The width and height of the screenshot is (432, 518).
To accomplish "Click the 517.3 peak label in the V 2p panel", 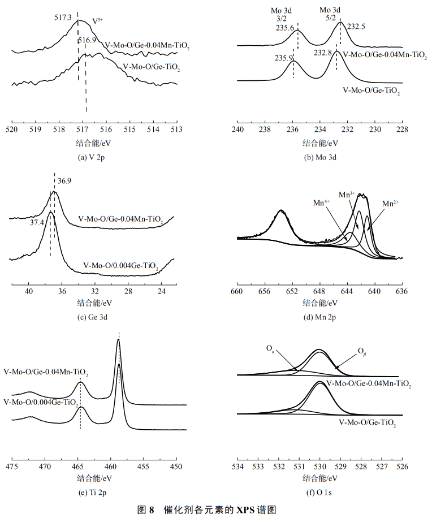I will tap(63, 19).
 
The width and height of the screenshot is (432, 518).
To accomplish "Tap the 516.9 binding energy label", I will tap(87, 40).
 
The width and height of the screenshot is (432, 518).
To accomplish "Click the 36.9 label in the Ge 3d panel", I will tap(64, 180).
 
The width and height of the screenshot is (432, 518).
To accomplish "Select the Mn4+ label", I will tap(322, 202).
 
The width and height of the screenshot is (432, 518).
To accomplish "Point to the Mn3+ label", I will tap(347, 195).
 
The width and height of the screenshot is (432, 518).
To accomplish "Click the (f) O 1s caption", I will tap(319, 493).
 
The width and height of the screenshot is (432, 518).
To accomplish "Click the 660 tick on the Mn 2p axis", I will tap(237, 292).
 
